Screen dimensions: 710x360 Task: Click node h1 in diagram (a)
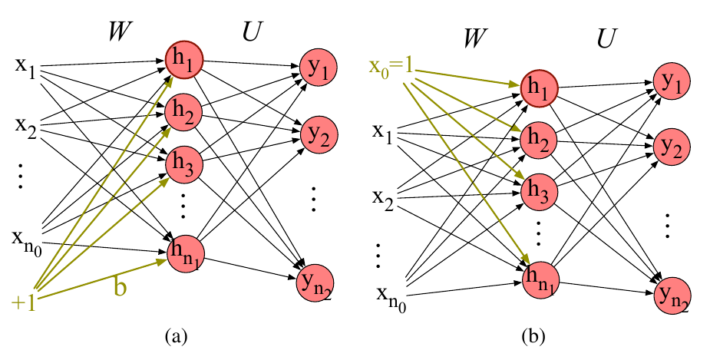184,61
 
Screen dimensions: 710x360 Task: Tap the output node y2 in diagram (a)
319,135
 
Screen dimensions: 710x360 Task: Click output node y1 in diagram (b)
672,82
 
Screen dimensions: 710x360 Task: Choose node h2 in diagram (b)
540,140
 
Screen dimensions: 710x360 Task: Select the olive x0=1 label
391,68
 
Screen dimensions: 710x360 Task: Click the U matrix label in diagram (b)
606,38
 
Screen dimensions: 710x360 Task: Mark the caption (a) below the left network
176,336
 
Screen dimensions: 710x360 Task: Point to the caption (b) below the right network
533,336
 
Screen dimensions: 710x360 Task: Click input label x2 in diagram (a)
26,125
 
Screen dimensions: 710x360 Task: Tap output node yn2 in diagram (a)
315,283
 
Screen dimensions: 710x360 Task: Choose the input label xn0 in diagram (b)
391,299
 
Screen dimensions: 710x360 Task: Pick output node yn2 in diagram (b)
672,296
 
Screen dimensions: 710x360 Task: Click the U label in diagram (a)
250,31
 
